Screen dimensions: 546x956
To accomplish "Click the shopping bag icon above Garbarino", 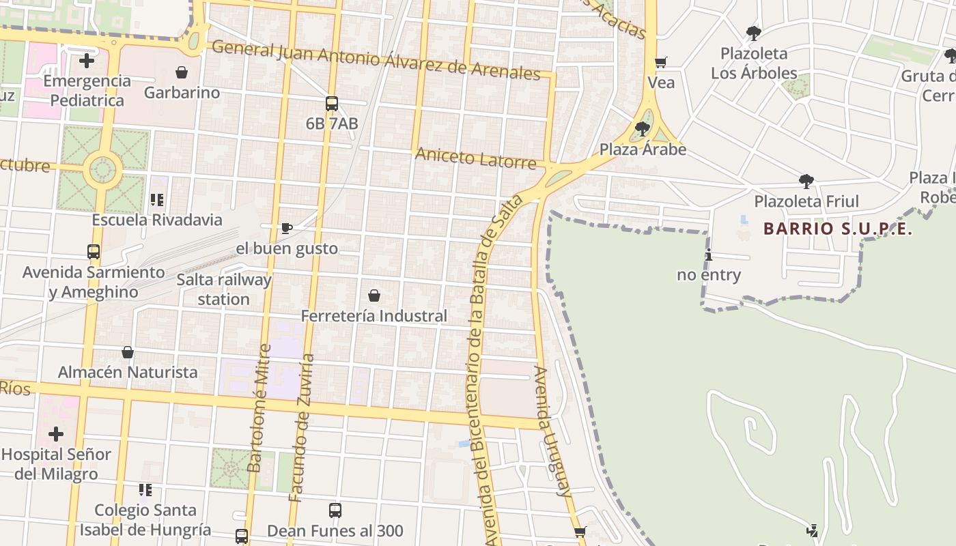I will click(182, 72).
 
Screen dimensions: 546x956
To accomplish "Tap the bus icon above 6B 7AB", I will click(332, 104).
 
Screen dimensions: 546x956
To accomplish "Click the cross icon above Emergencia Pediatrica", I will click(87, 61).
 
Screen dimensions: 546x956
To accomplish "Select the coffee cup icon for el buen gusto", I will click(287, 228).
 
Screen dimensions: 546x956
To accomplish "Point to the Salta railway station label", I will click(224, 289).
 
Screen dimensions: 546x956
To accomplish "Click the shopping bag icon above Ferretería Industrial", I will click(374, 296).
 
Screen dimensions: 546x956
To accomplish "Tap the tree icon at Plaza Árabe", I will click(642, 129).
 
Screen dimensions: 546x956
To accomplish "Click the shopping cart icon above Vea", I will click(660, 63).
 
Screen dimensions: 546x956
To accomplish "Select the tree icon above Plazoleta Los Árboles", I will click(754, 33).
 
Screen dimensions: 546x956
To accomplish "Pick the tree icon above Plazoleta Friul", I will click(806, 182).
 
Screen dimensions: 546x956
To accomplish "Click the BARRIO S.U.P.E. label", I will click(838, 229).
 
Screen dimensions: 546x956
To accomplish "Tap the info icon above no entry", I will click(709, 255).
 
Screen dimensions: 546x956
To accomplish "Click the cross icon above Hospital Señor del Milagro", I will click(56, 433).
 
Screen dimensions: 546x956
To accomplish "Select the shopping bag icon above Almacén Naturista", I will click(128, 352).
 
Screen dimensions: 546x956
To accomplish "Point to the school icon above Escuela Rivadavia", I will click(157, 200).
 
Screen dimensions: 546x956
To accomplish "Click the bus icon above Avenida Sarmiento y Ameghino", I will click(94, 252).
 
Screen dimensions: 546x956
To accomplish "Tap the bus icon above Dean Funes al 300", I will click(335, 511).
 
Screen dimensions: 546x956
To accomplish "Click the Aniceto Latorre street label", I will click(476, 158).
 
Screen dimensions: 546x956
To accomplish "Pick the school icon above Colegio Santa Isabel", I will click(145, 490).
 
